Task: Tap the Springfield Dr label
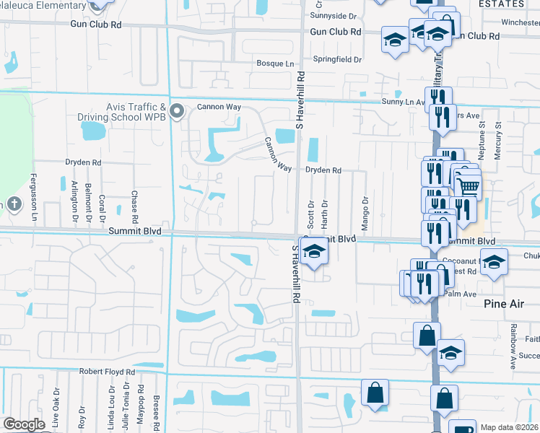(x=336, y=59)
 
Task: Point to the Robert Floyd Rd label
(x=107, y=372)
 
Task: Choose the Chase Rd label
(x=135, y=207)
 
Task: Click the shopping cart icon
(x=469, y=188)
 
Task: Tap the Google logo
(x=24, y=424)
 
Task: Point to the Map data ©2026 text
(x=509, y=427)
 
